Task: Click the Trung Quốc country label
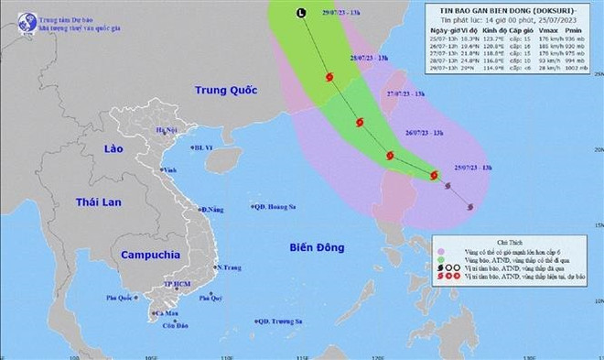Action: coord(223,90)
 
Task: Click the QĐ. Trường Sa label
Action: coord(279,321)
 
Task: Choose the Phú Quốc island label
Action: coord(118,298)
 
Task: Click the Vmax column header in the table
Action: coord(549,32)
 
